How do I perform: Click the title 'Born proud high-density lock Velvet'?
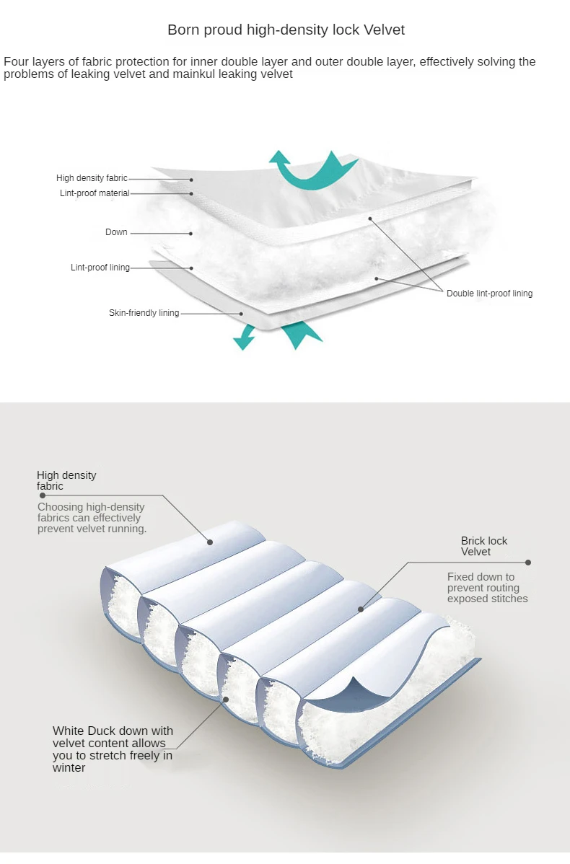[286, 30]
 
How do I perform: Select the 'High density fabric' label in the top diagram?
[92, 178]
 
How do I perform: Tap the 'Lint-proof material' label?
[95, 193]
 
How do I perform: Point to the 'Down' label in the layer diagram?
[116, 232]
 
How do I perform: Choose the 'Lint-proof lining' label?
[100, 268]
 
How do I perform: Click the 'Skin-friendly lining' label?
[144, 313]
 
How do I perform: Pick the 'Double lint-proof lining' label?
[489, 294]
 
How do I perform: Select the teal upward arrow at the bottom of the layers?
[301, 336]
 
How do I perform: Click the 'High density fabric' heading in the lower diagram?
[66, 480]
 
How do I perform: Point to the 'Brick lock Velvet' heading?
[484, 546]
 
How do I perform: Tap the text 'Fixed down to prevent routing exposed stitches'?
[487, 587]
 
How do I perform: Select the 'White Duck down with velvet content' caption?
[113, 749]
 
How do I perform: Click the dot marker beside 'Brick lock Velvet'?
[528, 563]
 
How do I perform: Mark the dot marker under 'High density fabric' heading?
[43, 495]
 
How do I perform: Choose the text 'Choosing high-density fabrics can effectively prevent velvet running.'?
[92, 518]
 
